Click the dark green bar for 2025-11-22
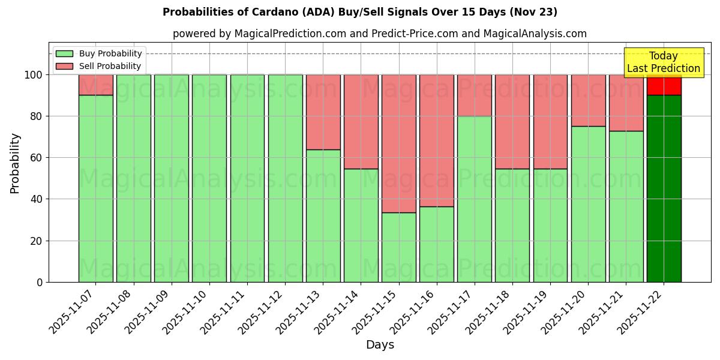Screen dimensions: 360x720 pyautogui.click(x=664, y=188)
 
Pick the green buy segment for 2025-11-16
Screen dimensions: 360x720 pyautogui.click(x=437, y=244)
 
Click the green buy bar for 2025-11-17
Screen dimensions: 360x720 pyautogui.click(x=475, y=199)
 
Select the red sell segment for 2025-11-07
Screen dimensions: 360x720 pyautogui.click(x=95, y=85)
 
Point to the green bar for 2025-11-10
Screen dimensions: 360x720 pyautogui.click(x=209, y=178)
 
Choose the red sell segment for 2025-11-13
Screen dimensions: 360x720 pyautogui.click(x=323, y=112)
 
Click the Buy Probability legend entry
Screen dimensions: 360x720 pyautogui.click(x=99, y=53)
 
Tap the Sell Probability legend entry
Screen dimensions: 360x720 pyautogui.click(x=99, y=66)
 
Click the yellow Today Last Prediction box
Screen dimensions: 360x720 pyautogui.click(x=664, y=62)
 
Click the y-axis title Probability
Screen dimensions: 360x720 pyautogui.click(x=15, y=163)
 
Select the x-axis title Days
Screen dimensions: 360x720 pyautogui.click(x=380, y=345)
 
